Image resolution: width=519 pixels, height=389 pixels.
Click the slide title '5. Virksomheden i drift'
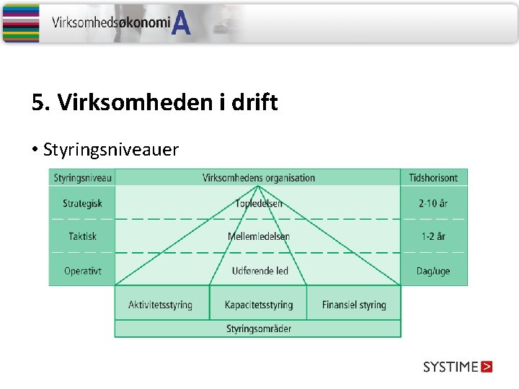[154, 103]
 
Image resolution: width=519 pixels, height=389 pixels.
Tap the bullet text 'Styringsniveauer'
[111, 150]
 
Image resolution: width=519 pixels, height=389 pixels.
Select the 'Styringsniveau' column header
[82, 178]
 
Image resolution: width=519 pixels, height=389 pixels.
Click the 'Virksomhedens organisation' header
[258, 178]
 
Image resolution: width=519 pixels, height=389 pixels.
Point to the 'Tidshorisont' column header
[433, 178]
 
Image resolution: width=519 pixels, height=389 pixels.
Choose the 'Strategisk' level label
[82, 204]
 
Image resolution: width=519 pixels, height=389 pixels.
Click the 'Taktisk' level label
[82, 236]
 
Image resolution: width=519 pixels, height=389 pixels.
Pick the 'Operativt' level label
[82, 271]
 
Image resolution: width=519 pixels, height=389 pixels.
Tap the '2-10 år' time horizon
[433, 204]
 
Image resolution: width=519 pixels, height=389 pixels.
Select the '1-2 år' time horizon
[433, 236]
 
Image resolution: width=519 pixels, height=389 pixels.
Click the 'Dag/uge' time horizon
[433, 271]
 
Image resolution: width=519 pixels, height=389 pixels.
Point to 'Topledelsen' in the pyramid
[259, 204]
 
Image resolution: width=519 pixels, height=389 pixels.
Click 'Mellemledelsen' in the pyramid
[259, 236]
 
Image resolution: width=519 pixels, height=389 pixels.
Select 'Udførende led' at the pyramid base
[259, 271]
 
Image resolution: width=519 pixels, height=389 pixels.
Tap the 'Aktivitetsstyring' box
[161, 305]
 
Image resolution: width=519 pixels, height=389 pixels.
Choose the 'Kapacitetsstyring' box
[259, 305]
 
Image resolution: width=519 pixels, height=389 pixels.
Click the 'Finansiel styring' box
[354, 305]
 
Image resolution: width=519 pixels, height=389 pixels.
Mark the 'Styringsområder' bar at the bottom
[258, 329]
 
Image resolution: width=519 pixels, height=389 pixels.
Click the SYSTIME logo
[458, 367]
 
